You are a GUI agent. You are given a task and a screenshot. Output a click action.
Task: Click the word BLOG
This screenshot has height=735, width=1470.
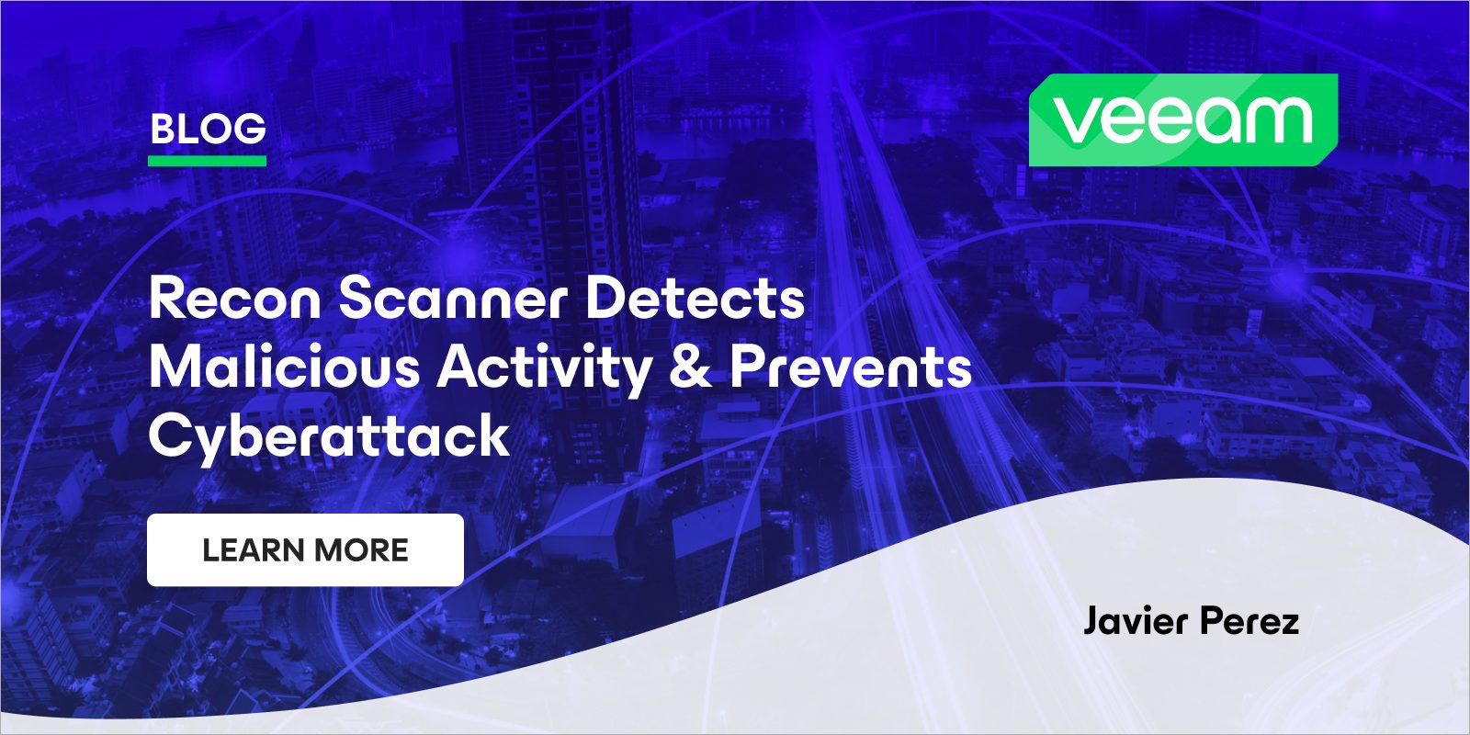pos(208,130)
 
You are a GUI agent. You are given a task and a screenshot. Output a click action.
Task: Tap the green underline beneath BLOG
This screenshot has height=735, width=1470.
pos(208,161)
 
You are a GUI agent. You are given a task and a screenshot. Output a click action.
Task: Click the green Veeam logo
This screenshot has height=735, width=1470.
pos(1182,119)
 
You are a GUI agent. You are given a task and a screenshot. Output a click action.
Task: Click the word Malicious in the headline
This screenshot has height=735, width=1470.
pos(284,367)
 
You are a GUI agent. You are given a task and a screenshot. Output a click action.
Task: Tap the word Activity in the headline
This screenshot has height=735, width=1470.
pos(544,367)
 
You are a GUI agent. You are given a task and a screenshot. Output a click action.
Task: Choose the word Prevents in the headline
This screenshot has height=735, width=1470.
pos(851,367)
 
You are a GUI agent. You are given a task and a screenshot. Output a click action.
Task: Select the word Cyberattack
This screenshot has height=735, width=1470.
pos(329,435)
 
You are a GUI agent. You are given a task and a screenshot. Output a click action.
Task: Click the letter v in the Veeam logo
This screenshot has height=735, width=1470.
pos(1074,120)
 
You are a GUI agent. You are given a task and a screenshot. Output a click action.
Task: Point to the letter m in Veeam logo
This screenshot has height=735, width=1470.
pos(1277,120)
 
